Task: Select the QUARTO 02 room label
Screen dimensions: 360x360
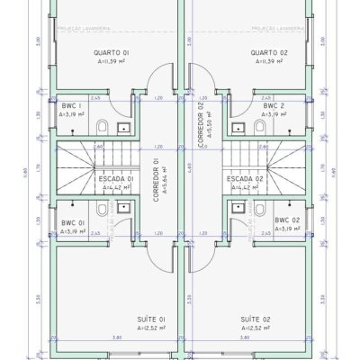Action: [x=268, y=53]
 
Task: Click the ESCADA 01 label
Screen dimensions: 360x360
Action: [x=116, y=178]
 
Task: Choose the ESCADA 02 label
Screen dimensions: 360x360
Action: [x=247, y=178]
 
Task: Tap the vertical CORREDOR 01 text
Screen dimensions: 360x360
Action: [x=157, y=180]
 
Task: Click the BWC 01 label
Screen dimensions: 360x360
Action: [x=73, y=222]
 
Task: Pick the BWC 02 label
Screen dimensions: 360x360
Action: [x=286, y=220]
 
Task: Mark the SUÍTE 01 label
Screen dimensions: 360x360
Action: [x=150, y=319]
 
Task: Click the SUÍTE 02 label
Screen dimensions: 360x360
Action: [x=254, y=319]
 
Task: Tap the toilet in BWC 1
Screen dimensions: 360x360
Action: [x=102, y=126]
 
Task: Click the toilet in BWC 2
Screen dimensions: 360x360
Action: [x=259, y=126]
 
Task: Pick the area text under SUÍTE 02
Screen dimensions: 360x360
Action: [x=254, y=328]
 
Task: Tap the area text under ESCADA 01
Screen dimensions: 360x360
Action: [x=116, y=187]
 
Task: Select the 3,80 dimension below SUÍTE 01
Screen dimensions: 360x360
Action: [x=116, y=337]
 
